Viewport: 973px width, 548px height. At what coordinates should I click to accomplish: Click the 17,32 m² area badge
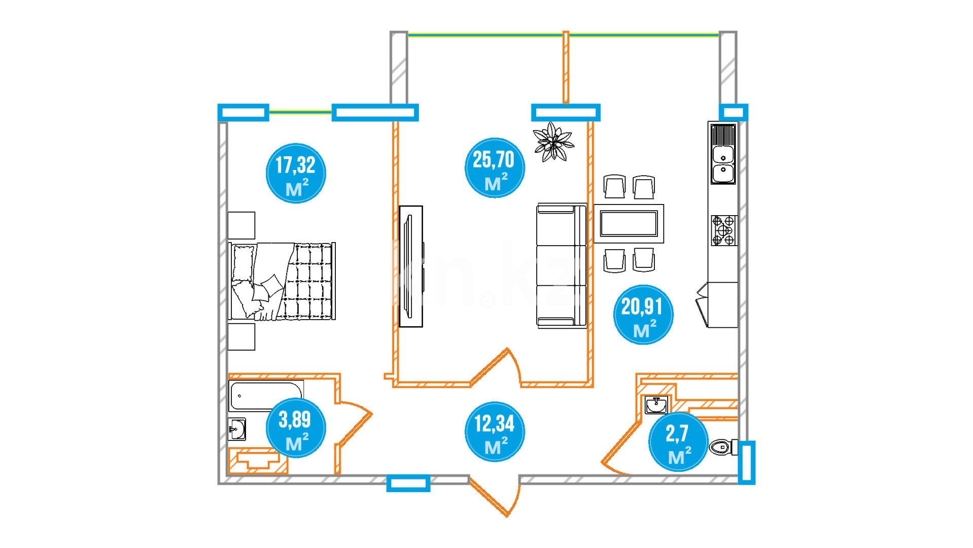tap(296, 173)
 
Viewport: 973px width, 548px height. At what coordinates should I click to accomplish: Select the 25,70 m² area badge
tap(495, 167)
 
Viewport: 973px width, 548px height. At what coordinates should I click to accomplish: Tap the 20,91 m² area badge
tap(643, 315)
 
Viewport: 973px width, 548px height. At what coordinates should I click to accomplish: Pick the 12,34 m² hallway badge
tap(495, 432)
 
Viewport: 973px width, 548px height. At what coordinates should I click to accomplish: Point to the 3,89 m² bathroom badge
tap(296, 428)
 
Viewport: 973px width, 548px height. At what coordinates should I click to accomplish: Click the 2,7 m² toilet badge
tap(678, 441)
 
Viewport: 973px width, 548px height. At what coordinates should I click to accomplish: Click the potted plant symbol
tap(553, 142)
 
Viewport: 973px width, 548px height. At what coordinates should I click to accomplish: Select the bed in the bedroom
tap(282, 281)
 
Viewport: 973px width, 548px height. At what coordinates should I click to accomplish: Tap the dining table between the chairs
tap(629, 224)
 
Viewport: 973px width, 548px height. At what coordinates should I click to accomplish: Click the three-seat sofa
tap(562, 265)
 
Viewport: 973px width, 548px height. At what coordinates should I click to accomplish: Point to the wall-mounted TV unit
tap(411, 266)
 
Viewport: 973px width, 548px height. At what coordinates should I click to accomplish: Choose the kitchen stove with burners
tap(723, 230)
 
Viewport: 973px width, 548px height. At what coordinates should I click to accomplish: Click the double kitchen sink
tap(723, 154)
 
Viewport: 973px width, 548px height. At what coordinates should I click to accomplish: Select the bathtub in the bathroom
tap(266, 395)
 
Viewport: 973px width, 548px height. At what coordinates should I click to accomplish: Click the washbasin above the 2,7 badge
tap(656, 405)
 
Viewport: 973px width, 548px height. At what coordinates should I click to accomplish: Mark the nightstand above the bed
tap(241, 225)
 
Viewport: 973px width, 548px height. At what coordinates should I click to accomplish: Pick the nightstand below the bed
tap(241, 337)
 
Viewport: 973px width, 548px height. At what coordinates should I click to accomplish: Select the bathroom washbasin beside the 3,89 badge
tap(237, 429)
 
